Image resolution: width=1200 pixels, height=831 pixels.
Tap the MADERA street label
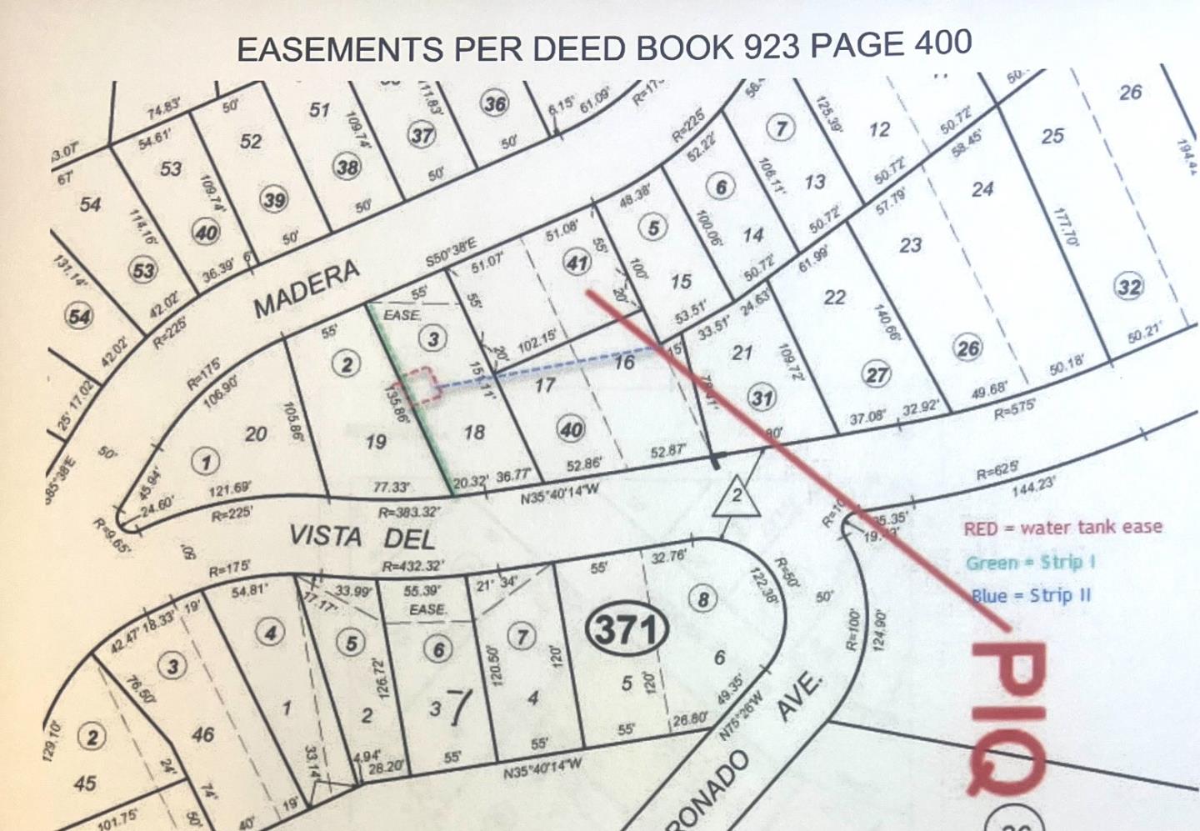[x=306, y=288]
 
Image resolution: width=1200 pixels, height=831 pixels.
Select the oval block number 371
[x=627, y=629]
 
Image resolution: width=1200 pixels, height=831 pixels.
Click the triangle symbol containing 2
[x=736, y=497]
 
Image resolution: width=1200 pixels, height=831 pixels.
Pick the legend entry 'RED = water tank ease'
[x=1062, y=528]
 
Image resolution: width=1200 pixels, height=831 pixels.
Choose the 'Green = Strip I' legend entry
[x=1030, y=563]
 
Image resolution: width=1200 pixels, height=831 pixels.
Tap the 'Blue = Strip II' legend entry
[x=1030, y=596]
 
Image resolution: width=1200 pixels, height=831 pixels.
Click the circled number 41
[x=577, y=263]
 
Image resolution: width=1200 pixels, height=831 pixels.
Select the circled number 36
[x=495, y=104]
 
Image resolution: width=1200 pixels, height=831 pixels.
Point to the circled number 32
[x=1128, y=288]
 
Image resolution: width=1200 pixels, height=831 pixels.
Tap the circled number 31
[x=762, y=398]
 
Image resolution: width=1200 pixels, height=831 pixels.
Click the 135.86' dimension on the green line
[x=397, y=404]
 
